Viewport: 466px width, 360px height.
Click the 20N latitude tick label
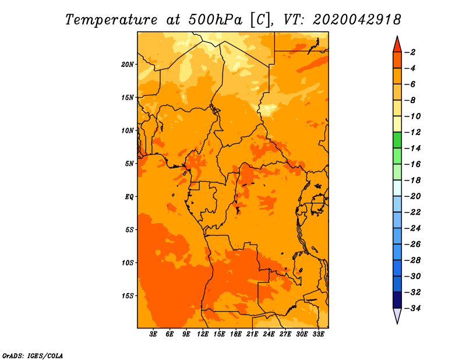point(127,65)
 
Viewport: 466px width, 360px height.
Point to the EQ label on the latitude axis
point(129,197)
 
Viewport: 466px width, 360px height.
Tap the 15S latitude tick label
point(128,296)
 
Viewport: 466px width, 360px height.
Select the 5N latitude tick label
point(129,164)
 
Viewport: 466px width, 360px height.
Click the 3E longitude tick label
point(153,334)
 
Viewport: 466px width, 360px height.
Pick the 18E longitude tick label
point(236,334)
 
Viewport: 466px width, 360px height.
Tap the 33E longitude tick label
point(318,334)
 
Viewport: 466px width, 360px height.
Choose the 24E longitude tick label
point(269,334)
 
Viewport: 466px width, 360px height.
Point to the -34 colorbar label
point(412,308)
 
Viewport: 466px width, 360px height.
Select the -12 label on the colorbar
point(412,132)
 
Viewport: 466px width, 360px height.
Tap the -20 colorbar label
point(412,196)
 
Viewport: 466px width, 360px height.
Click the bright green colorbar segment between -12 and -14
point(397,140)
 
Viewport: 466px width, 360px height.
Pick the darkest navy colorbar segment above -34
point(397,300)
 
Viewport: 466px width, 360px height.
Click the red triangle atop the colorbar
point(397,45)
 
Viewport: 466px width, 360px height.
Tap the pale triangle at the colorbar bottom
point(397,315)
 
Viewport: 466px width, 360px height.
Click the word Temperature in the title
point(111,20)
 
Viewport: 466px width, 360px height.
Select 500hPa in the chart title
point(215,20)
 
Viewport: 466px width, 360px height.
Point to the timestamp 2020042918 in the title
point(357,20)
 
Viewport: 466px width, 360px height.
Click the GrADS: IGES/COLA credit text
point(33,356)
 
